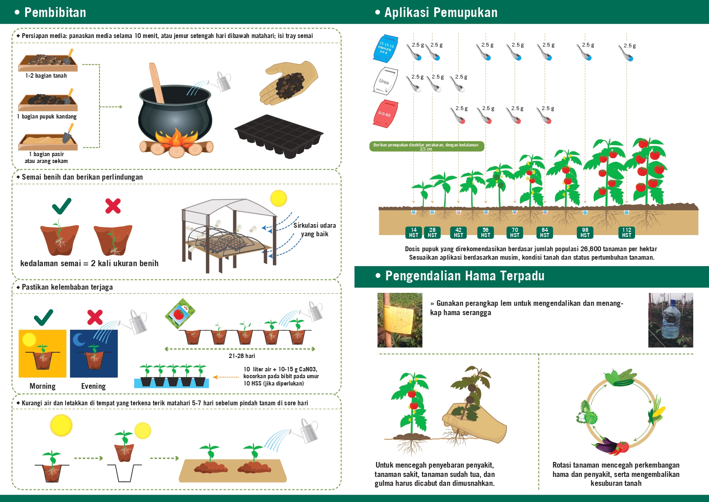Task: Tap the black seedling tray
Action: click(279, 136)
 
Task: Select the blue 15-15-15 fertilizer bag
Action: click(386, 48)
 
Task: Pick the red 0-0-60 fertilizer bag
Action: click(385, 114)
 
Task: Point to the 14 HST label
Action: click(414, 232)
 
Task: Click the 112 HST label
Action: click(627, 232)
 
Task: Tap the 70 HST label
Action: click(515, 232)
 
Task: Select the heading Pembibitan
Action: click(55, 13)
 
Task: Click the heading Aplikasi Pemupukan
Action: click(441, 13)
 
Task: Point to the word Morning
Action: click(42, 386)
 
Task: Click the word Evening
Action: click(93, 386)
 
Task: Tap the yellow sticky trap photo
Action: click(400, 320)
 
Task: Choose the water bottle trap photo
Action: click(671, 320)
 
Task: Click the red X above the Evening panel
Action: click(95, 317)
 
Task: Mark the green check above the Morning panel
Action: click(43, 318)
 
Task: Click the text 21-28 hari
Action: click(242, 356)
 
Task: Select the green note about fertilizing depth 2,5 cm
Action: click(426, 146)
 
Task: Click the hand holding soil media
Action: click(289, 83)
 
